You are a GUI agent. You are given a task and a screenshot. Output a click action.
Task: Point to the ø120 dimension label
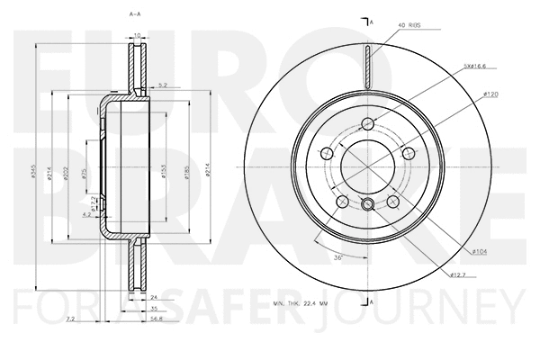point(490,93)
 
